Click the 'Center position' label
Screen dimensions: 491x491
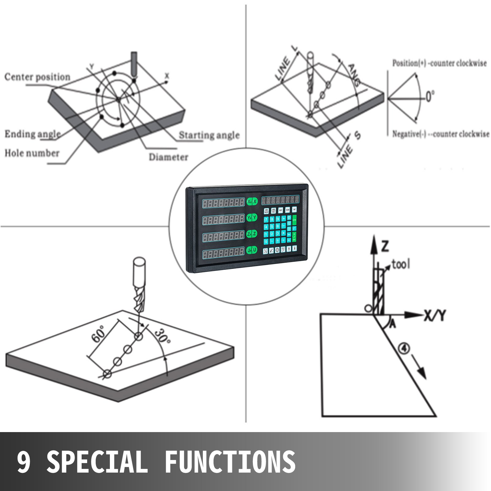pos(37,77)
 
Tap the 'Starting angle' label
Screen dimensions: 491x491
pos(209,135)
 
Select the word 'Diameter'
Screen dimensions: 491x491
pos(168,157)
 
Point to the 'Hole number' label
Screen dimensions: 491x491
pos(32,153)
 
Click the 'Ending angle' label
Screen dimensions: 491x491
pos(33,134)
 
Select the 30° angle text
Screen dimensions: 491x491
pos(162,337)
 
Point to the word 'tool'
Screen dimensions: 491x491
pos(400,264)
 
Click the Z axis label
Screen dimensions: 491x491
pos(385,246)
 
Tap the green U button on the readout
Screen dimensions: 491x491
pos(255,250)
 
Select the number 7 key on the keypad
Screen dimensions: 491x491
pos(266,219)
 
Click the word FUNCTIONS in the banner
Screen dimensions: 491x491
pos(230,462)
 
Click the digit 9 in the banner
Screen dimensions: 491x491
pos(24,462)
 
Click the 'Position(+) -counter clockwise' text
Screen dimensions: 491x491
pos(439,63)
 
